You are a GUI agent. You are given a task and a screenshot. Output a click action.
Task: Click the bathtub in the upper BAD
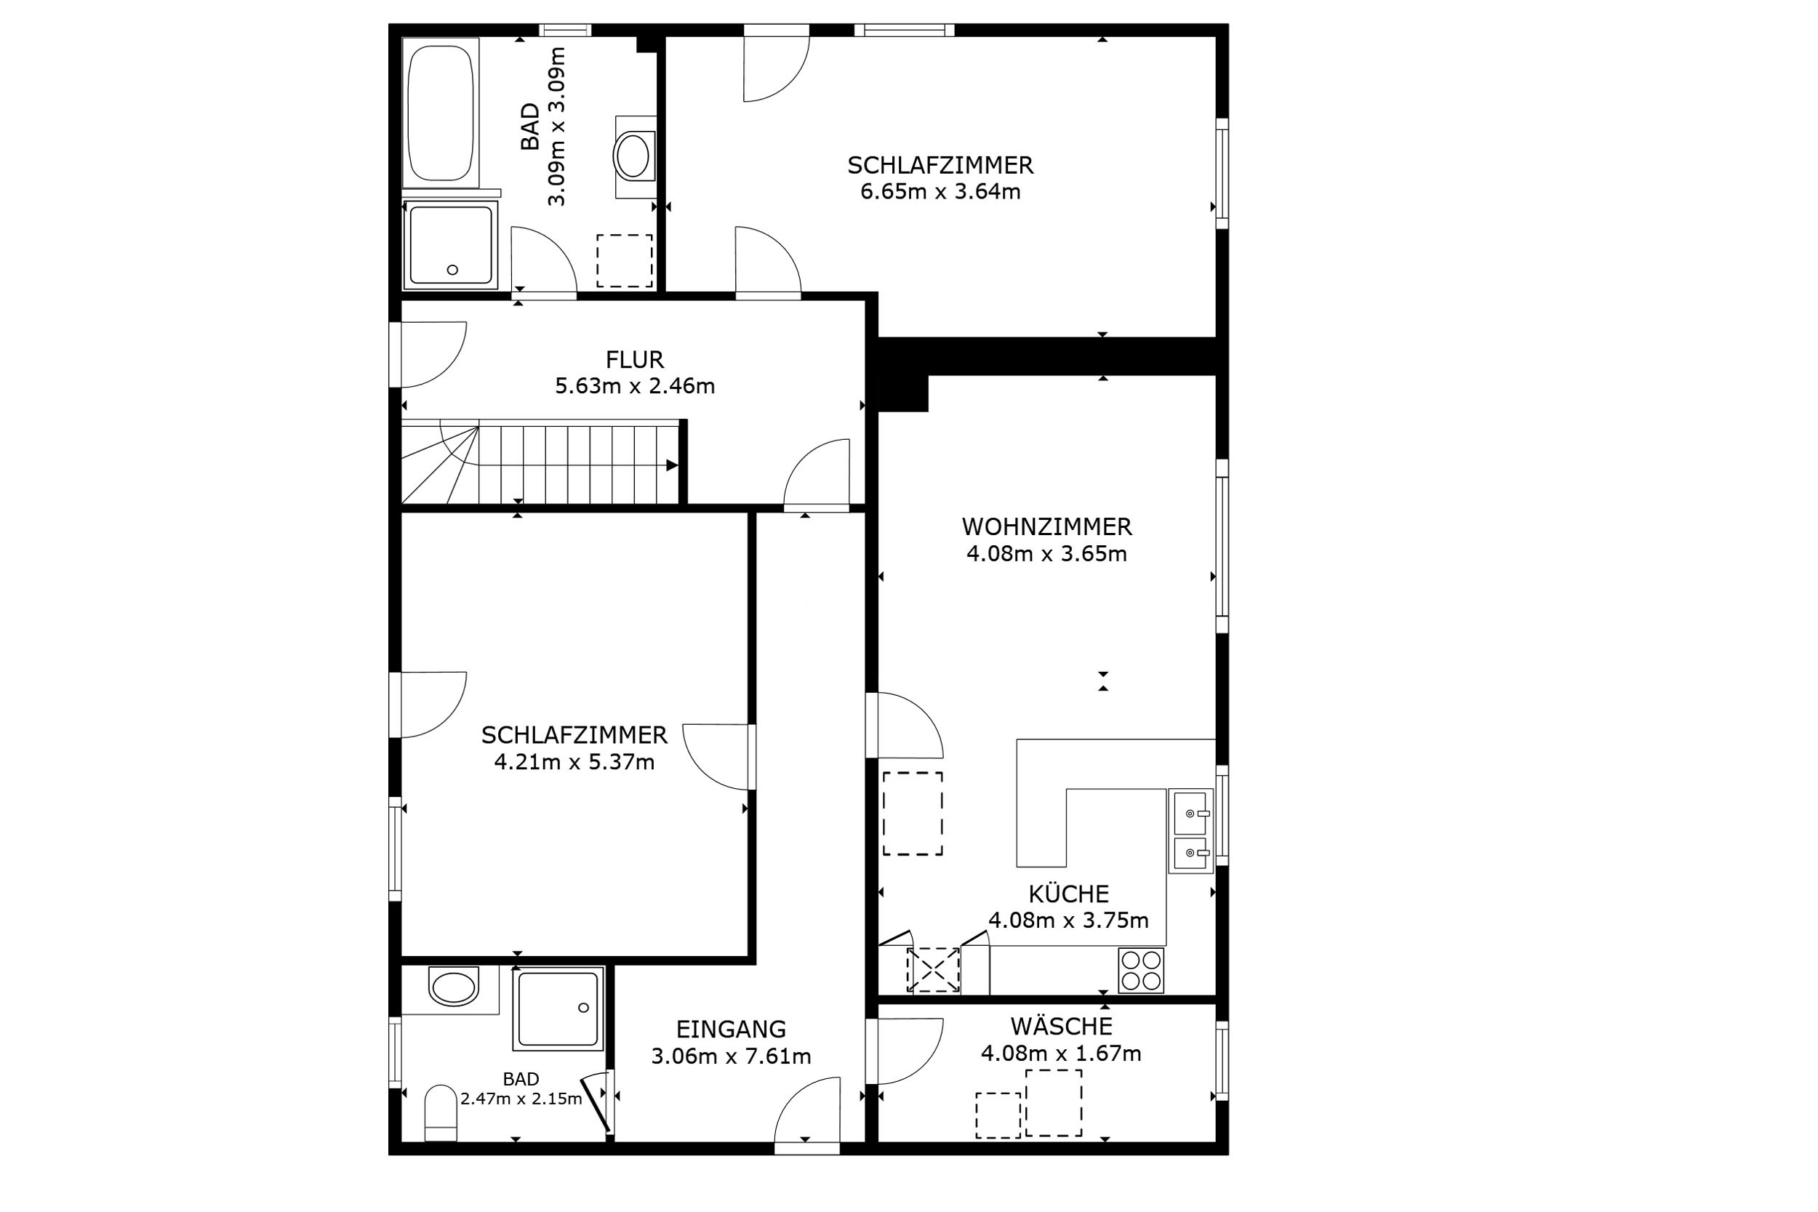tap(441, 112)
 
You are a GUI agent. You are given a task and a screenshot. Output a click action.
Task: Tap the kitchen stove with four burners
tap(1141, 970)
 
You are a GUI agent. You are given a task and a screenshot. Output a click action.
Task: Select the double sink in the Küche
tap(1190, 831)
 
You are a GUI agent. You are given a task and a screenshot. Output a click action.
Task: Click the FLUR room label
tap(635, 359)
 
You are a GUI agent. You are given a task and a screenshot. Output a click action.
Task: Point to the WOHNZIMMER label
tap(1046, 527)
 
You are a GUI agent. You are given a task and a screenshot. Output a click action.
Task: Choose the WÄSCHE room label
tap(1061, 1027)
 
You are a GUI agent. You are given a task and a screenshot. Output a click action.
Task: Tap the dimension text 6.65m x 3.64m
tap(941, 192)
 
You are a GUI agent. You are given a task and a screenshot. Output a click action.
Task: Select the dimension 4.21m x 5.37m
tap(574, 762)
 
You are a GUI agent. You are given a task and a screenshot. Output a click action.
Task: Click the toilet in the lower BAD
tap(441, 1112)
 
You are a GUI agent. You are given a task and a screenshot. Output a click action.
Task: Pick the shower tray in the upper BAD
tap(451, 244)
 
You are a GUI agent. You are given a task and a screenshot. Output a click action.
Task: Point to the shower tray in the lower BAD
tap(558, 1008)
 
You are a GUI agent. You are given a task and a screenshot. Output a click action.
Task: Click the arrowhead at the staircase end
tap(672, 465)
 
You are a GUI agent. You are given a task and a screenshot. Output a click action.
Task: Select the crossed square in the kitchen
tap(933, 970)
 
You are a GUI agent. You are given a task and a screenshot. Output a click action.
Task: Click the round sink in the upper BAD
tap(634, 156)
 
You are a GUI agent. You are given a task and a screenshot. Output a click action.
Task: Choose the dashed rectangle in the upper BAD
tap(624, 260)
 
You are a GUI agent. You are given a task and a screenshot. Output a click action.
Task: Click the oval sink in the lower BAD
tap(453, 988)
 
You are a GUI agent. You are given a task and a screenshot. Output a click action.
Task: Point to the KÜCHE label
tap(1068, 894)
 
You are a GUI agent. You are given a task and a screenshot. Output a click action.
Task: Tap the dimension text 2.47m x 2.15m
tap(521, 1099)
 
